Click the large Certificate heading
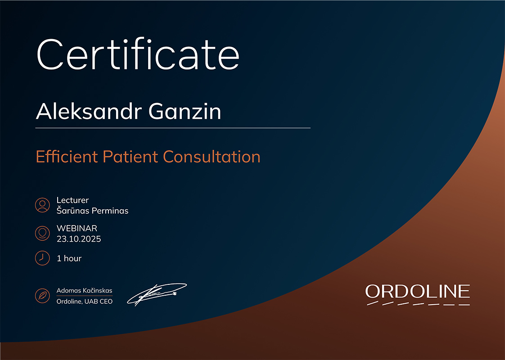click(138, 54)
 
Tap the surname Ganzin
click(185, 112)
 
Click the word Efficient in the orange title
click(67, 157)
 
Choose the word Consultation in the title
click(212, 157)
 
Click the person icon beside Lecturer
click(42, 205)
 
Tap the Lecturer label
click(72, 200)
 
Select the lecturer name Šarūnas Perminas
click(92, 211)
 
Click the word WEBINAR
click(77, 228)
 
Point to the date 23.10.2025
click(79, 239)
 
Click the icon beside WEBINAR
click(42, 233)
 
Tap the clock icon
click(42, 258)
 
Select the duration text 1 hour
click(69, 258)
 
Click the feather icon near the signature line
click(42, 296)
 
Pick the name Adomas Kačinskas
click(84, 290)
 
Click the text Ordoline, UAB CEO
click(84, 301)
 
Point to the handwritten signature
click(157, 294)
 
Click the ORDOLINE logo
click(418, 294)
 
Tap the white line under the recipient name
click(173, 128)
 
